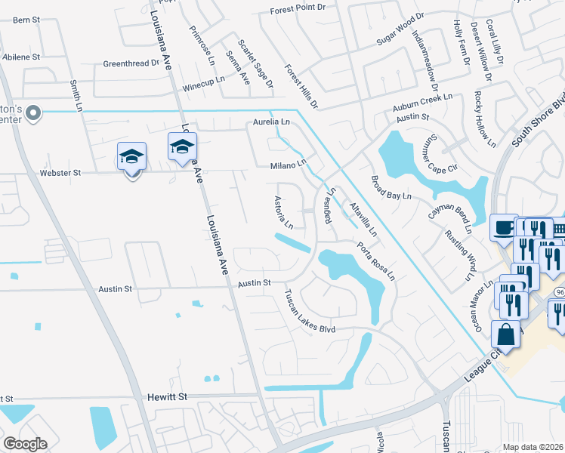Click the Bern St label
pos(26,19)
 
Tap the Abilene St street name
pos(21,57)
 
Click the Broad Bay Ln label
pos(391,187)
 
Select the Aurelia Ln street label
pos(271,122)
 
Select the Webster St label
pos(60,173)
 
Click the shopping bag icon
pos(505,334)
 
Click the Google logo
pos(25,444)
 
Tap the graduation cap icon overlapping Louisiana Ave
pos(182,146)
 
